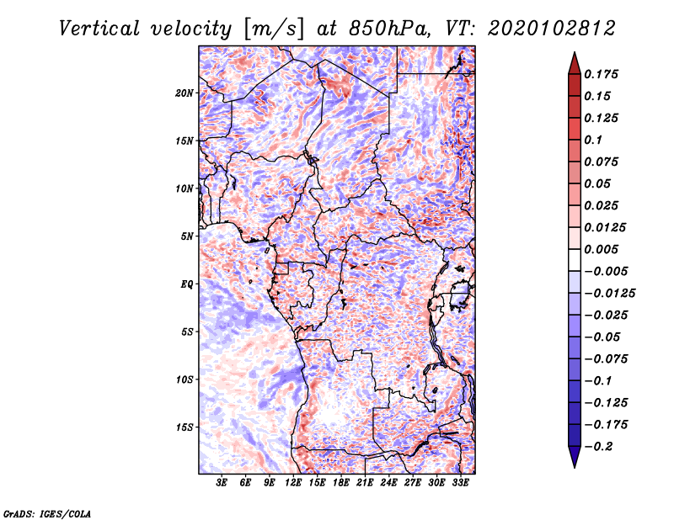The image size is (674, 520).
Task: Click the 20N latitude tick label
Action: tap(185, 93)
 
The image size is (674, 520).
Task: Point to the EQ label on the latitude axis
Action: tap(187, 284)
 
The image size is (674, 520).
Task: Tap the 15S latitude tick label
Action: tap(185, 427)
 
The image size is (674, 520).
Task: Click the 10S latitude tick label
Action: tap(185, 379)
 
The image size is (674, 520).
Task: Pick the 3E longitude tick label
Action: tap(222, 483)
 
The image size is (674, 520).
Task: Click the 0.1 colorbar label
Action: tap(595, 140)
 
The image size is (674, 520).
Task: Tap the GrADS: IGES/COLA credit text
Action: tap(46, 512)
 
